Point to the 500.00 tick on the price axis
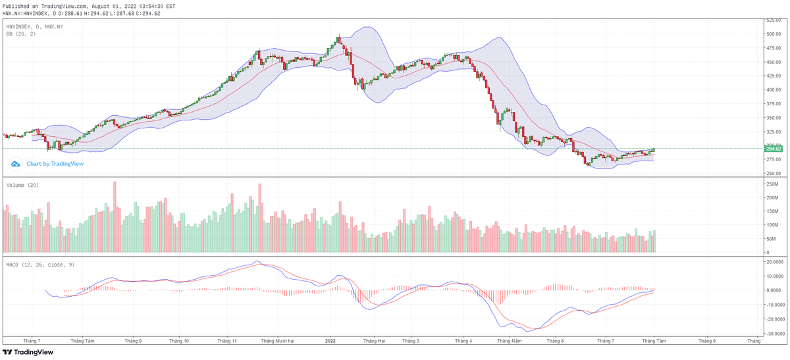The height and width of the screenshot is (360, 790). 774,34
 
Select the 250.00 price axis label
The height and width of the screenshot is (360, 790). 774,174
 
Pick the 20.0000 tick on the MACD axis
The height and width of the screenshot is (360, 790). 774,262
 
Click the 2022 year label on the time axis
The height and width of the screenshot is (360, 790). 330,342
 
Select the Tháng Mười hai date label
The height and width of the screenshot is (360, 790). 277,342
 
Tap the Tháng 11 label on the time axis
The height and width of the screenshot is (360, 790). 226,342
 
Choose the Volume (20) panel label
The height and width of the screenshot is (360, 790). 22,186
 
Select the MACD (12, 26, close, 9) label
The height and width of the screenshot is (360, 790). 40,265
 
